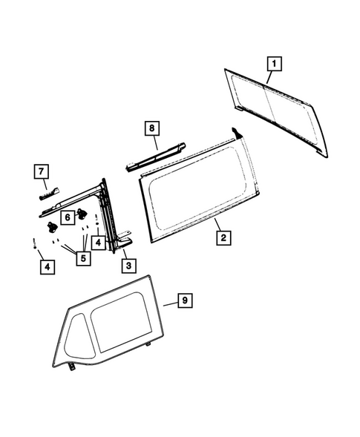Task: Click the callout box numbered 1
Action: coord(273,64)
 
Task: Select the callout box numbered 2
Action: coord(222,238)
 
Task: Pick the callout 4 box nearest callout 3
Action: coord(99,243)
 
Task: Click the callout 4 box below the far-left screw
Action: coord(47,266)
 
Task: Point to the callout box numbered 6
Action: coord(66,217)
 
